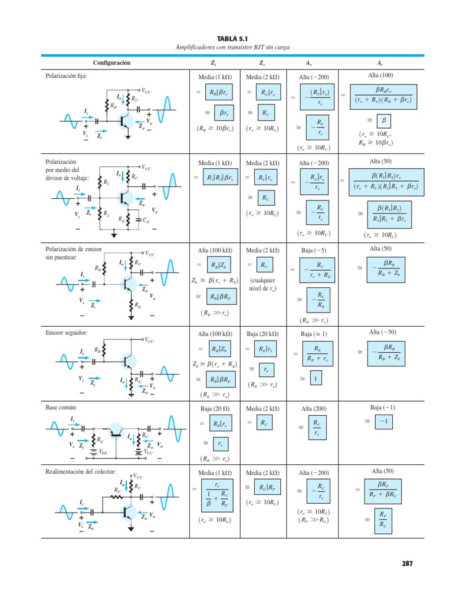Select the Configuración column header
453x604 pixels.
click(x=111, y=63)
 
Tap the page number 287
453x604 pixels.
click(x=407, y=563)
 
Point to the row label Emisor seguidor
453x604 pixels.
click(x=66, y=333)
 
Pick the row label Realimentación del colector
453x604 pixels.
click(x=81, y=472)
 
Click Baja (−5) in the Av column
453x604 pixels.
click(x=313, y=250)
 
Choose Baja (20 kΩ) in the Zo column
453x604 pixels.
click(x=262, y=334)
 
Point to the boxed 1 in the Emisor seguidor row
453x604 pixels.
click(x=316, y=379)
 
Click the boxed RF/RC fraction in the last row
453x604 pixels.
click(x=383, y=519)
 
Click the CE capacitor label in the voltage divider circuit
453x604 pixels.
click(x=146, y=219)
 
